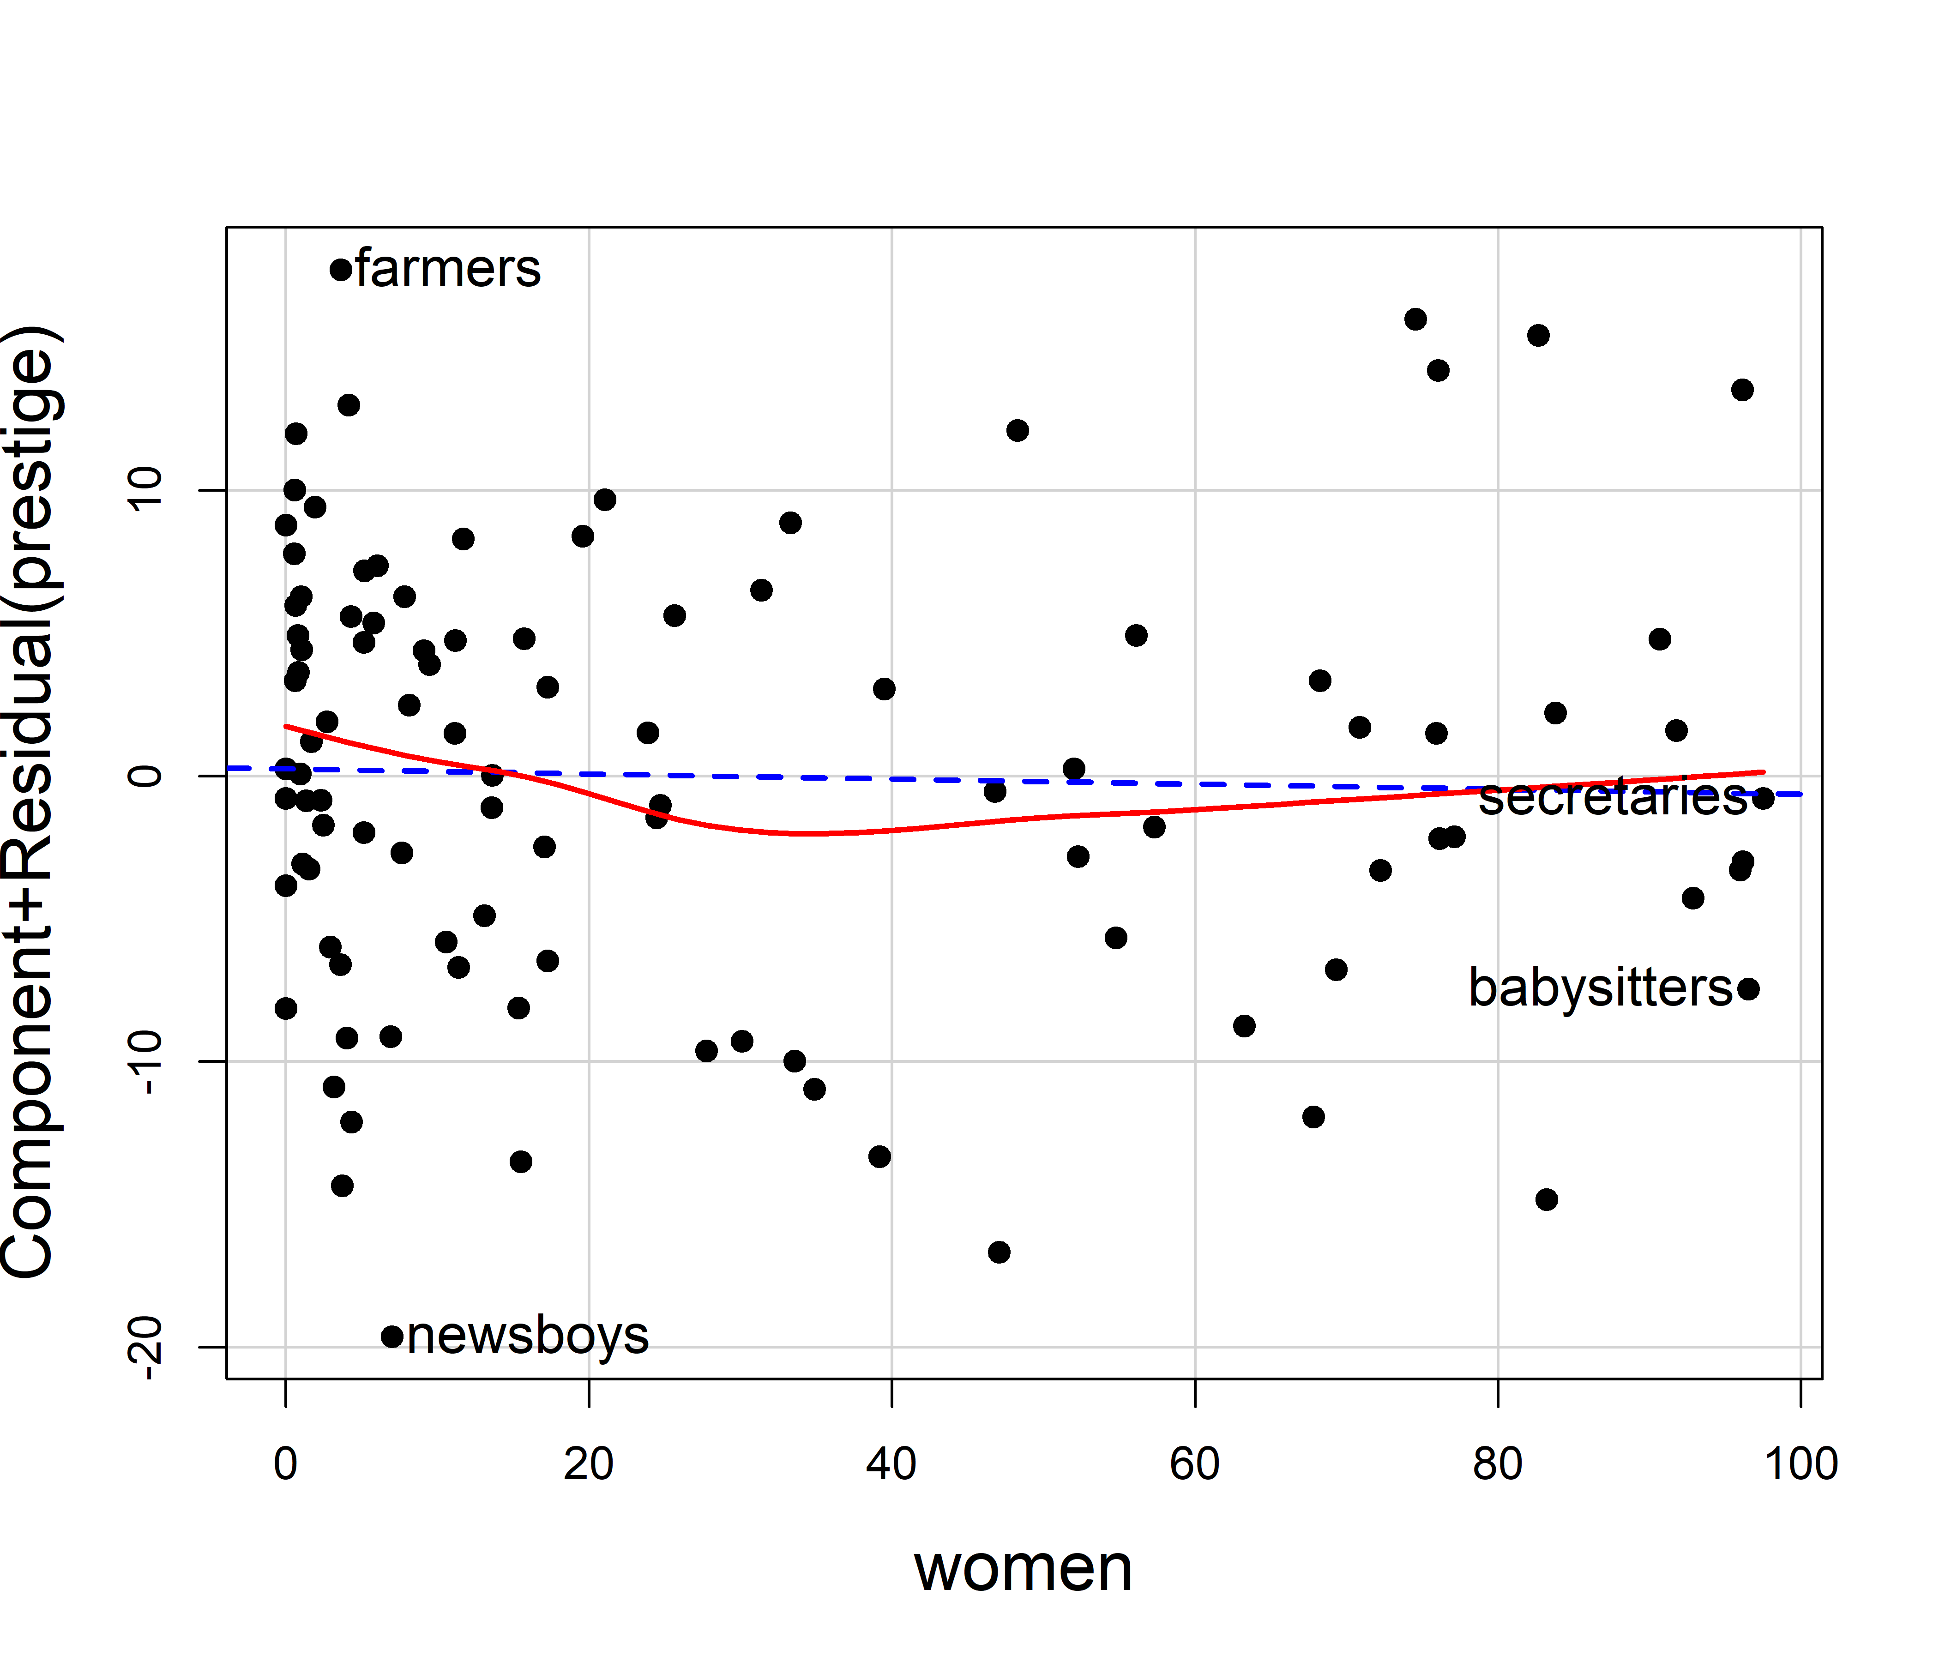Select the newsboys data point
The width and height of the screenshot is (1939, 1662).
click(x=392, y=1337)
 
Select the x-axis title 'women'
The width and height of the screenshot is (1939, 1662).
click(x=1024, y=1568)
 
